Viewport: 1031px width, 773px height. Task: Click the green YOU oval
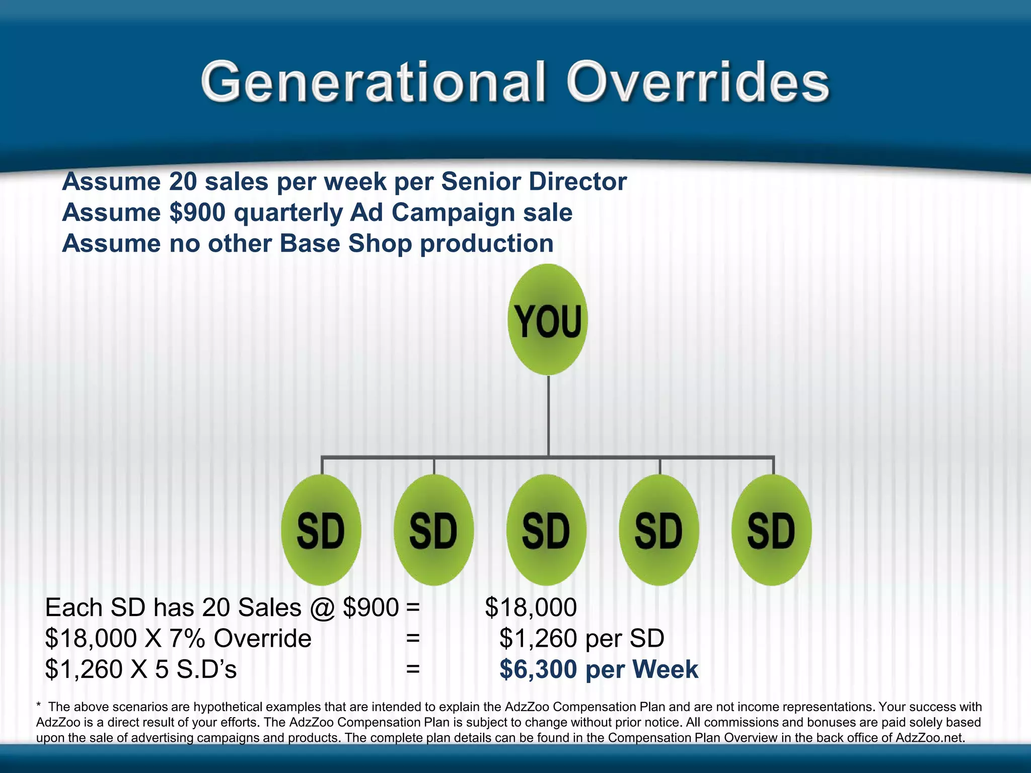coord(548,320)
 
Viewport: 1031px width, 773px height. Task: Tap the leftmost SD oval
coord(321,530)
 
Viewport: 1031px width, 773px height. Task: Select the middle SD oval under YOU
coord(546,530)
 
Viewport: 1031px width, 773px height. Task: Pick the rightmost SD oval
coord(771,530)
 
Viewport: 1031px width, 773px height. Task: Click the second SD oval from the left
coord(433,530)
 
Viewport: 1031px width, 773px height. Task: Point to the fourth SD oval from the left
coord(659,530)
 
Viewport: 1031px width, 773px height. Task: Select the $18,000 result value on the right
coord(531,607)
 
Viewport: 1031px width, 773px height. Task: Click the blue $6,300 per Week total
coord(599,669)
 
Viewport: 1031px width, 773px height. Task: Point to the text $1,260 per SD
coord(581,638)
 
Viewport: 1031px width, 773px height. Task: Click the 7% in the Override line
coord(187,638)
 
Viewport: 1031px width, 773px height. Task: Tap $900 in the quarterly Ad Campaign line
coord(197,212)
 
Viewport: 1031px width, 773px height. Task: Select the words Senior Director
coord(534,182)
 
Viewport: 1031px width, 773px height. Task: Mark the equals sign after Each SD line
coord(413,607)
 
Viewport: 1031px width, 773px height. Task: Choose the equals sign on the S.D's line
coord(413,669)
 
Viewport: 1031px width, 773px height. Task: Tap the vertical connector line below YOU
coord(548,415)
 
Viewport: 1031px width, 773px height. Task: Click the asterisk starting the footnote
coord(39,707)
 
